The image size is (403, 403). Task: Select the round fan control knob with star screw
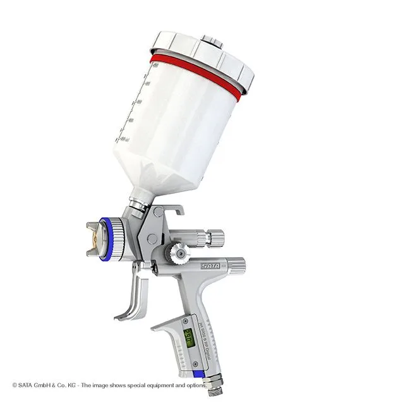point(179,253)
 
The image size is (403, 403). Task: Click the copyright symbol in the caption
point(15,385)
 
